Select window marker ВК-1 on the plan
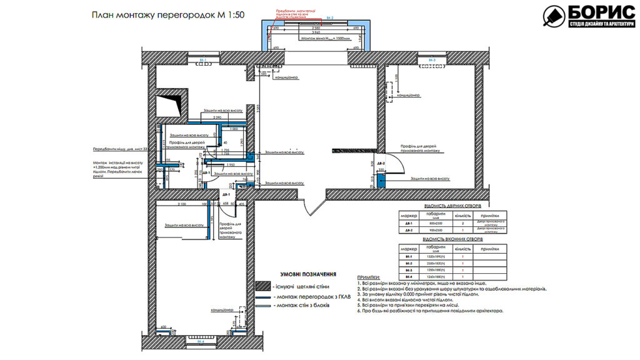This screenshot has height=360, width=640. [202, 60]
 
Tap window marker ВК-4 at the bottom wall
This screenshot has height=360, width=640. [201, 342]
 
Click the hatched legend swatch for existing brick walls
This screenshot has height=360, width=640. [262, 286]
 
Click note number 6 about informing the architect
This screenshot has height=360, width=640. [431, 311]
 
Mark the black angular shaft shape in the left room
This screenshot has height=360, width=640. [171, 102]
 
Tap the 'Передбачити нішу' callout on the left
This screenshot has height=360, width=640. [119, 150]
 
